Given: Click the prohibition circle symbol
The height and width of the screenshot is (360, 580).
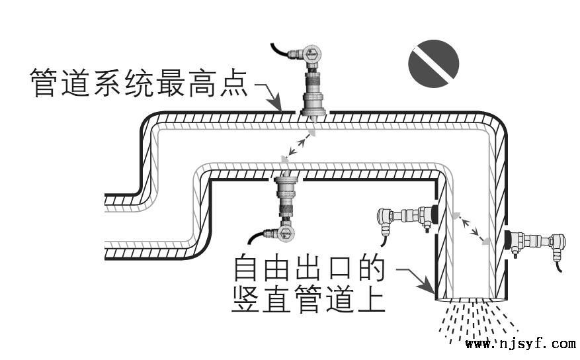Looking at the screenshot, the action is (434, 64).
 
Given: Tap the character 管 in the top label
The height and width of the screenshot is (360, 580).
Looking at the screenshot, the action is (44, 83).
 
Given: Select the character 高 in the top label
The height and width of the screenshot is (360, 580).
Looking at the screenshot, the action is (202, 83).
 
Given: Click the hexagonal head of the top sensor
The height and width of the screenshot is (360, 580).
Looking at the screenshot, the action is (312, 54).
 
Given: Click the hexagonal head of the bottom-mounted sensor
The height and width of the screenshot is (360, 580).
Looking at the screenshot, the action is (286, 234).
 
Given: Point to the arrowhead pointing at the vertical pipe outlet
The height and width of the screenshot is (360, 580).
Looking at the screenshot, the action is (427, 285).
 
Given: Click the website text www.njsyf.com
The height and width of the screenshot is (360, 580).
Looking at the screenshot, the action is (520, 343).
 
